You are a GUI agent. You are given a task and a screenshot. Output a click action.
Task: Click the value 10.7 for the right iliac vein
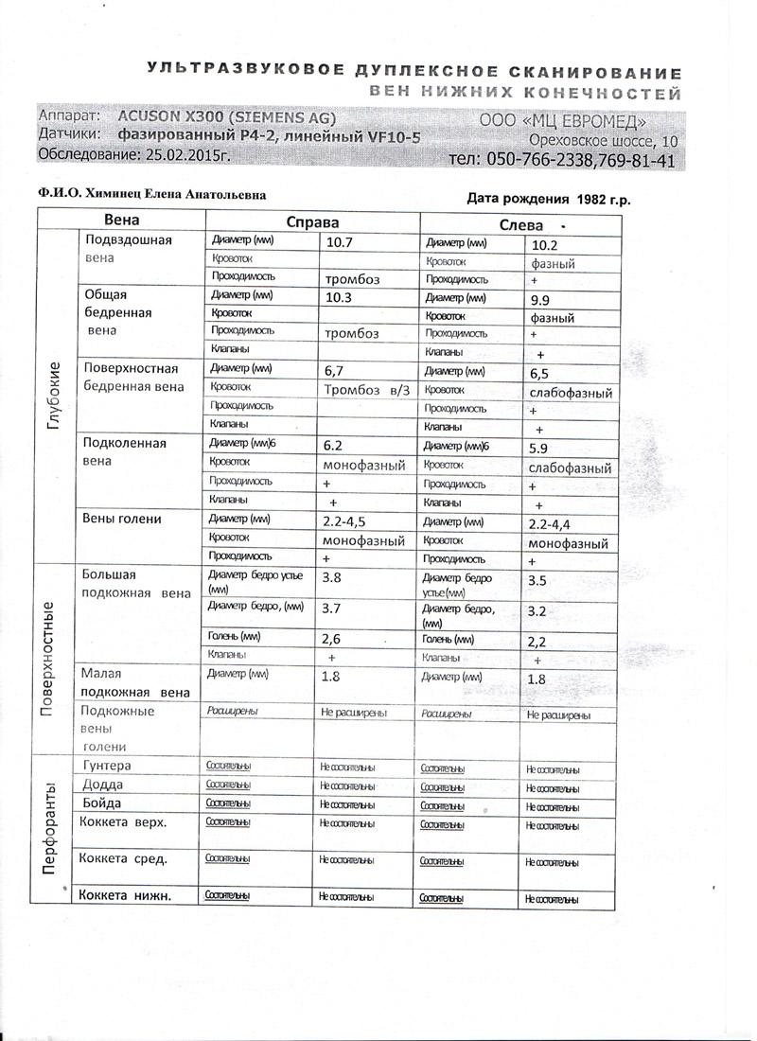[339, 242]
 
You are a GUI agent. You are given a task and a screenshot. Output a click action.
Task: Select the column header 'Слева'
[520, 224]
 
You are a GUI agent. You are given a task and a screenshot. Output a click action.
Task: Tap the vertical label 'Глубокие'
[54, 397]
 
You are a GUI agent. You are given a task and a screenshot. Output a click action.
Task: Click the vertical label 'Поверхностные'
[54, 658]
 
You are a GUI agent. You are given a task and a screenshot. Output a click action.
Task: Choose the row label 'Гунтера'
[107, 765]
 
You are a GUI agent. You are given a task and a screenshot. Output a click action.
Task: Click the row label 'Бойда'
[102, 803]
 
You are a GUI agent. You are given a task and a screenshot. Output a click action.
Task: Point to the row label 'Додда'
[102, 785]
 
